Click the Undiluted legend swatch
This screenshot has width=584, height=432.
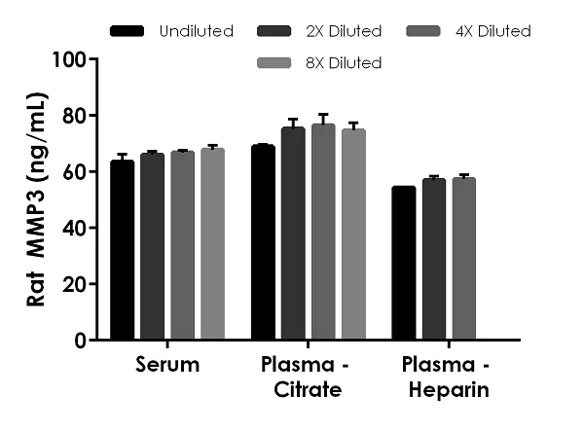pos(128,31)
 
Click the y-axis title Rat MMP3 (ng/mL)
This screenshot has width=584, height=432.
pos(36,199)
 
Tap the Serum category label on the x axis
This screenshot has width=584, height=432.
pos(166,366)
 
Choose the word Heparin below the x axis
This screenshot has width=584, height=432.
pos(451,391)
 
